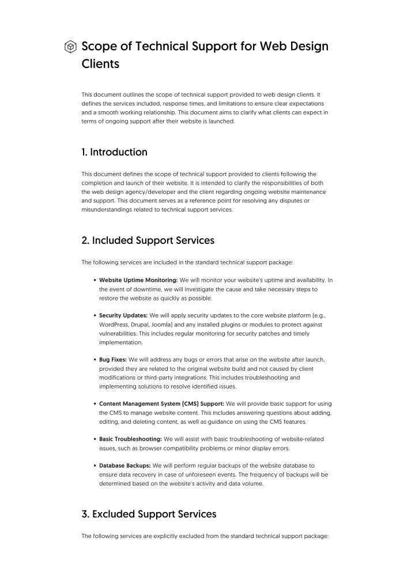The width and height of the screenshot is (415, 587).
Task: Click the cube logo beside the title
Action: [70, 47]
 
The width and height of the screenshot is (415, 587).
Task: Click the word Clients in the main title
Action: [100, 64]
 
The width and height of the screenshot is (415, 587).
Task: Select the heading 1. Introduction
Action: [114, 152]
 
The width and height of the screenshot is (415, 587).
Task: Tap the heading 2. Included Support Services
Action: [148, 240]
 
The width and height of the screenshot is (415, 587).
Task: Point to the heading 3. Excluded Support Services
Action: [149, 514]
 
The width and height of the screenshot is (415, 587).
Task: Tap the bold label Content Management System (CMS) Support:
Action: [161, 404]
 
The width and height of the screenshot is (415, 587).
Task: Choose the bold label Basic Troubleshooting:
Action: [130, 439]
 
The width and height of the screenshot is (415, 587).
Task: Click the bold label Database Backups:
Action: [124, 465]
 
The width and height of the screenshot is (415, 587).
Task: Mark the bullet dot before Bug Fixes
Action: [94, 359]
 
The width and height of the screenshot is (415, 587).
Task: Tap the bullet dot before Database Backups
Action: [94, 465]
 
